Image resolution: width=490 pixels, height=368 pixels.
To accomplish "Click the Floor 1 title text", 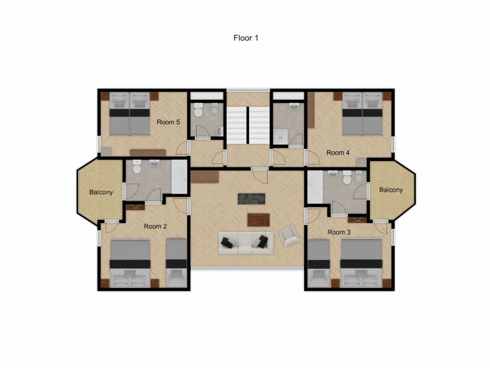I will (245, 38).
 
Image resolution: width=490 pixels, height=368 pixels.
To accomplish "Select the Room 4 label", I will (338, 153).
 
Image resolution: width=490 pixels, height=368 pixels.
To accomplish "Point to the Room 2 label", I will (155, 226).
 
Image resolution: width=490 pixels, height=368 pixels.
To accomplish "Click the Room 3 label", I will (339, 232).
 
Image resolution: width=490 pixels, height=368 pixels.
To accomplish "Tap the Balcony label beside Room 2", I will (101, 192).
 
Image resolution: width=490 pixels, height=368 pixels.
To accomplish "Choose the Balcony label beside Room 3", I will (390, 190).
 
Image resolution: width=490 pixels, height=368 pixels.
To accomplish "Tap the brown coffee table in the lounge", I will (258, 219).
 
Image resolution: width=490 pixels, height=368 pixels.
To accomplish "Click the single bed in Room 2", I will (176, 262).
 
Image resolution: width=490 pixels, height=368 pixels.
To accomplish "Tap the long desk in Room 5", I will (147, 152).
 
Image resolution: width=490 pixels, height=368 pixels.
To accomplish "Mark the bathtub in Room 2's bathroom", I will (181, 177).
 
